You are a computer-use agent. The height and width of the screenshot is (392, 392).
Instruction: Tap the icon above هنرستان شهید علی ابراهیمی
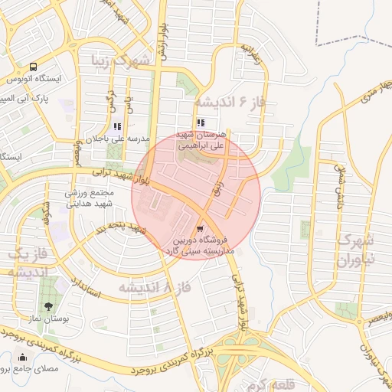201,122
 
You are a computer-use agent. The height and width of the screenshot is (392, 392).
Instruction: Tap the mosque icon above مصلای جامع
21,357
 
